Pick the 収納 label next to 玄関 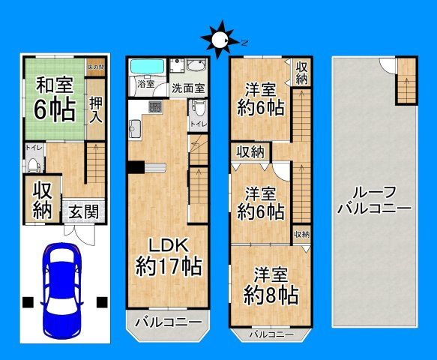pyautogui.click(x=41, y=199)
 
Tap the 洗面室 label pyautogui.click(x=188, y=88)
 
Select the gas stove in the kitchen pyautogui.click(x=154, y=105)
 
